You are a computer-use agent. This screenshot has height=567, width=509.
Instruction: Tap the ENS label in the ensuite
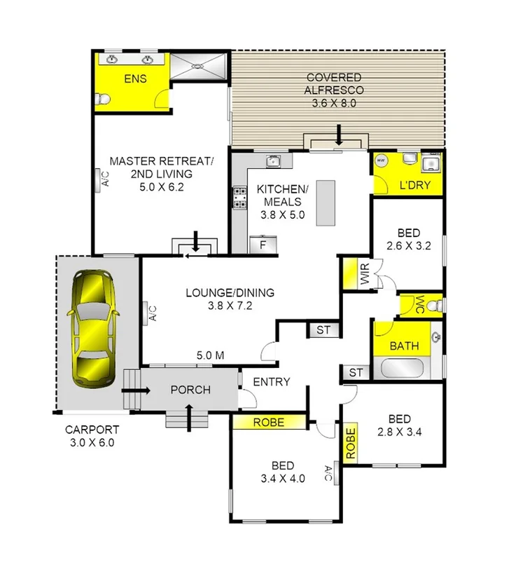click(x=135, y=78)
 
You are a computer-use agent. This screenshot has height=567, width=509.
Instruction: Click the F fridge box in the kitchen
click(x=263, y=245)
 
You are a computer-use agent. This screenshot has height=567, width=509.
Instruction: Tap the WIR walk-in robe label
click(x=364, y=275)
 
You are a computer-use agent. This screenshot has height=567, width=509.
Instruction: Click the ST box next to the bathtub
click(x=356, y=373)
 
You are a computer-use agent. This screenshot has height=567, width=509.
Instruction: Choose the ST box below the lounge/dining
click(x=323, y=329)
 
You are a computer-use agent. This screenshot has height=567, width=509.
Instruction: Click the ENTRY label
click(x=270, y=382)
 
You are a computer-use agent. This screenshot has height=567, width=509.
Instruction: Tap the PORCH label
click(x=190, y=390)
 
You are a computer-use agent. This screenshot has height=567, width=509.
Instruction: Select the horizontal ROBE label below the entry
click(x=269, y=423)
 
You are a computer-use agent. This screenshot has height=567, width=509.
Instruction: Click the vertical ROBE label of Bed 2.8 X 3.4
click(x=349, y=442)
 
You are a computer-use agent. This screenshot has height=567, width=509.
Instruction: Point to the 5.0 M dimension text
click(x=209, y=355)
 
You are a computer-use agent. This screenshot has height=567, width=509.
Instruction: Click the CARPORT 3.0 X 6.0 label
click(x=92, y=436)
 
